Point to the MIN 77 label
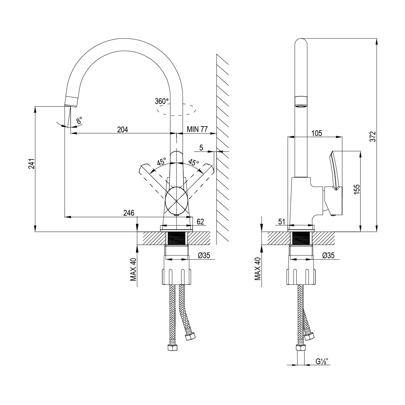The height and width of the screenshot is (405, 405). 197,129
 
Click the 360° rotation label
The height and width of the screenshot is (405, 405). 162,101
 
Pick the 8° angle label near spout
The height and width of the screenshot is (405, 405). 79,121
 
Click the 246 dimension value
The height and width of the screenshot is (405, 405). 129,213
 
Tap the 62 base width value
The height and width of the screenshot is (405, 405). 200,222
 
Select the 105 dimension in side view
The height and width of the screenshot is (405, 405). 316,133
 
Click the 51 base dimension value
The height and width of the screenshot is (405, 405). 282,222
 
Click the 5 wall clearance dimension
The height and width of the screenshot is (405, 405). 201,147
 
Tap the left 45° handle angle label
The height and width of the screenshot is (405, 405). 161,162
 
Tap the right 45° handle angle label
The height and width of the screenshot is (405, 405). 193,162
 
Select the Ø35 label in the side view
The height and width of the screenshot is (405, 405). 328,255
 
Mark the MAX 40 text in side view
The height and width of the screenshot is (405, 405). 258,269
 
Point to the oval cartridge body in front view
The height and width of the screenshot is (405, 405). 177,200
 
